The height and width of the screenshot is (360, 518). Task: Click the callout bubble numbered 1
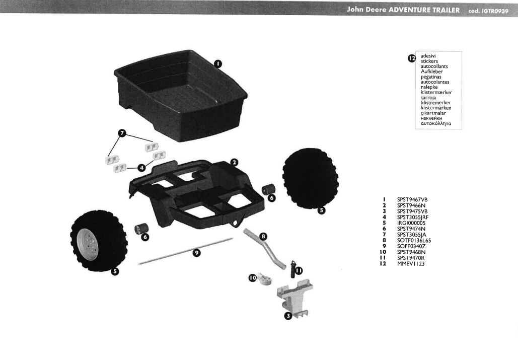point(217,63)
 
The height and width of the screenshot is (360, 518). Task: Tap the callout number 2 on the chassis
point(234,162)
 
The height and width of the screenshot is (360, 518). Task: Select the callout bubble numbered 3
point(288,316)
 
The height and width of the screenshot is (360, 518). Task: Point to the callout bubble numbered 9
point(197,253)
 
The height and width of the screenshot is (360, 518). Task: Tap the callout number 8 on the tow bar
point(263,236)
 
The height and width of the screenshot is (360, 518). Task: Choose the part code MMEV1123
point(411,264)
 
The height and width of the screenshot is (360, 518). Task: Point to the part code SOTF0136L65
point(414,240)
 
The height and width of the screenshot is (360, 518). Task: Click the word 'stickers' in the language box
point(429,61)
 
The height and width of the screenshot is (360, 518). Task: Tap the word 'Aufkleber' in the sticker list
point(431,71)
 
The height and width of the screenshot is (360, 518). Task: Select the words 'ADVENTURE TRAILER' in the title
point(424,11)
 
